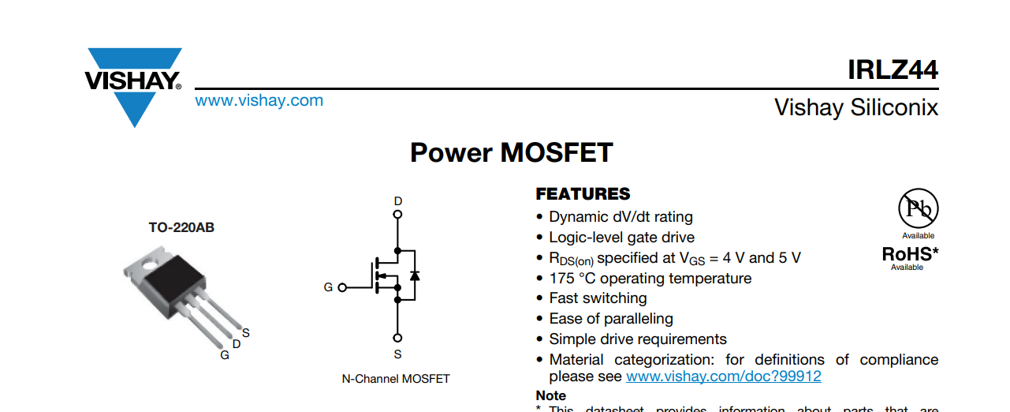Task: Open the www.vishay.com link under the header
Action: click(x=259, y=100)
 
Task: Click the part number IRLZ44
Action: click(x=893, y=70)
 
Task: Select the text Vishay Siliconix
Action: click(x=856, y=107)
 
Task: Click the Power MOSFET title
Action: click(x=511, y=152)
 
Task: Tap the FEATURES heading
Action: click(x=583, y=194)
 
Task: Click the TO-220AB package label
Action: click(x=181, y=227)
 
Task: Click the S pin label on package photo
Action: click(x=246, y=333)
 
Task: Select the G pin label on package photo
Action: click(x=225, y=355)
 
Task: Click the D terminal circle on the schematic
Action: click(x=397, y=214)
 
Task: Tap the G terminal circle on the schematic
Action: click(x=342, y=287)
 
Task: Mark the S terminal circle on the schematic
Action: click(x=397, y=338)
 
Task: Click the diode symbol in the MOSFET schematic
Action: click(x=415, y=275)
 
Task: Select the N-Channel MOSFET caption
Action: click(x=396, y=379)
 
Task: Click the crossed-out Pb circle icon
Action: click(x=918, y=208)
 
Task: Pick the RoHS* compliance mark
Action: click(x=910, y=254)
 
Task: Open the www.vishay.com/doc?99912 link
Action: click(x=723, y=376)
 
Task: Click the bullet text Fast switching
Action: click(x=598, y=298)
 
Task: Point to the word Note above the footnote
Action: click(x=550, y=395)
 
